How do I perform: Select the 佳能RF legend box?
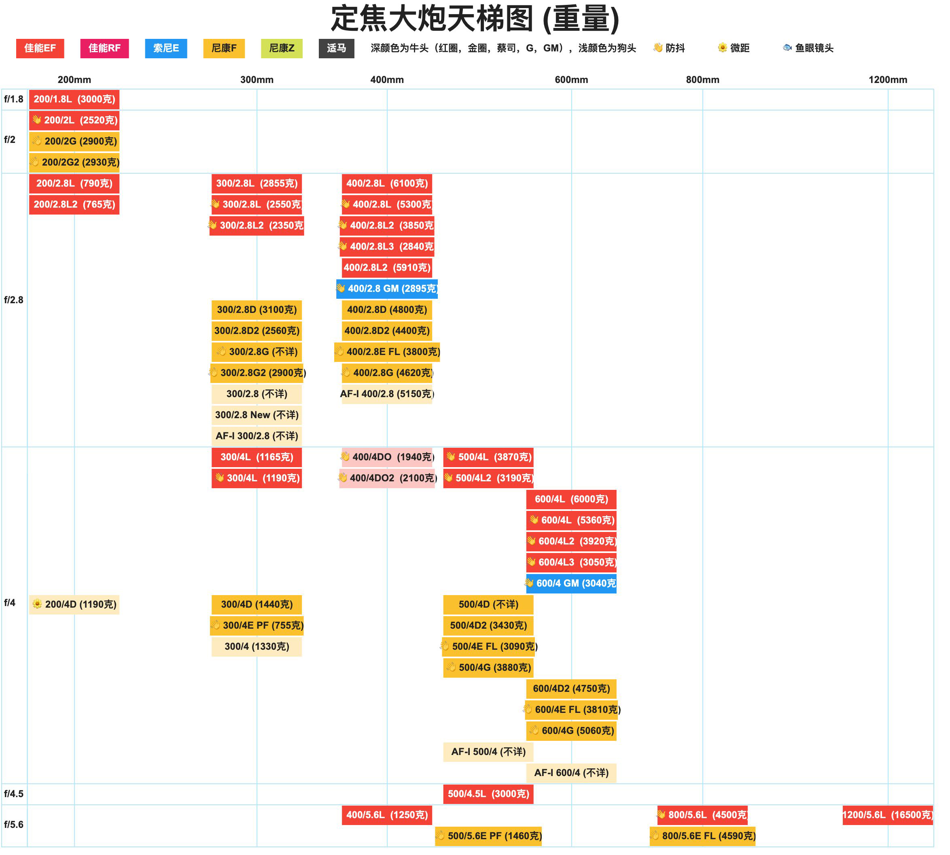(104, 49)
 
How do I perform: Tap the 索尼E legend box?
(166, 49)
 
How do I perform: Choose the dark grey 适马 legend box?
(336, 49)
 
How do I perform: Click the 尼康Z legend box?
(282, 49)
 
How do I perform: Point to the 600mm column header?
(571, 80)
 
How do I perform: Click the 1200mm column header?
(888, 80)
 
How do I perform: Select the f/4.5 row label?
(14, 793)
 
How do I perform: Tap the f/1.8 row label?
(14, 99)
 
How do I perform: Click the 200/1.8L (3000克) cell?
(74, 99)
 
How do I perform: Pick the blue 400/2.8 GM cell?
(387, 289)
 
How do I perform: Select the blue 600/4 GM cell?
(571, 583)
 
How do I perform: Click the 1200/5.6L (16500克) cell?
(888, 815)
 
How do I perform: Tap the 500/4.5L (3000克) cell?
(488, 794)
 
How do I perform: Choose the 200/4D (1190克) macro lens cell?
(74, 604)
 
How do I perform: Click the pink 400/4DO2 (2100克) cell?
(387, 478)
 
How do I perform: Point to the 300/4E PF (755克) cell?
(257, 625)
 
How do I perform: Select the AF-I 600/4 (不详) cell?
(571, 773)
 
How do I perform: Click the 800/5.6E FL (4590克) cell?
(702, 836)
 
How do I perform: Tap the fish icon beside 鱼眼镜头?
(787, 47)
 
